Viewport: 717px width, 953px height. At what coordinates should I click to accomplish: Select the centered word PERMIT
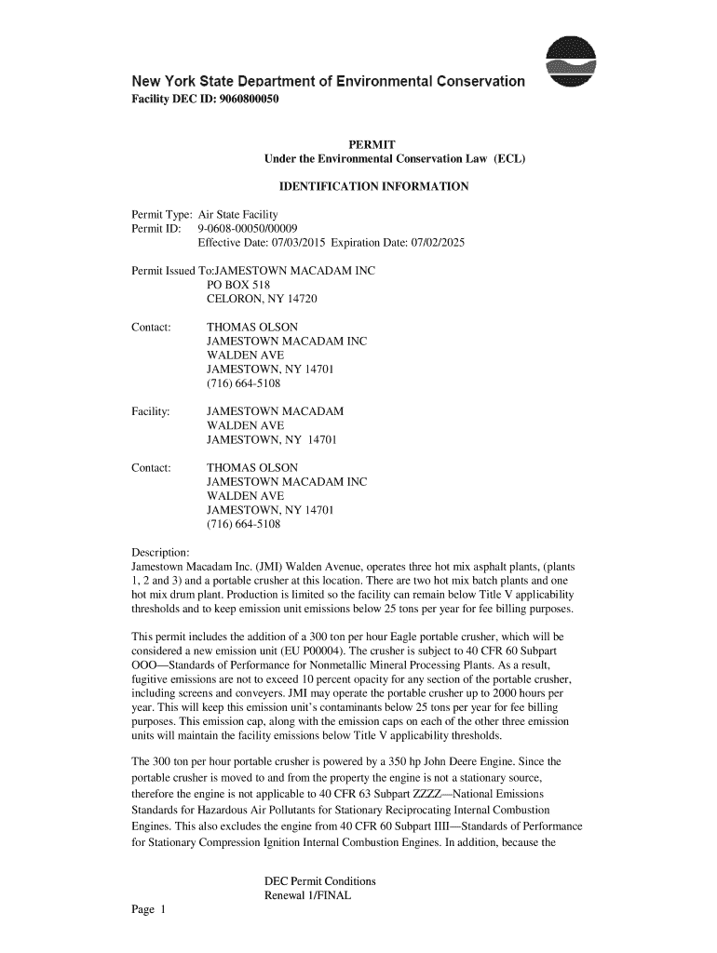coord(372,144)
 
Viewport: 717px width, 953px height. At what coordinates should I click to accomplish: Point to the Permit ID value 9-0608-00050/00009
coord(249,229)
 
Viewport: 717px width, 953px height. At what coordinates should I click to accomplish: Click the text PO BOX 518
coord(237,286)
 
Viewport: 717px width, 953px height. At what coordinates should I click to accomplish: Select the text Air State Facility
coord(238,215)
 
